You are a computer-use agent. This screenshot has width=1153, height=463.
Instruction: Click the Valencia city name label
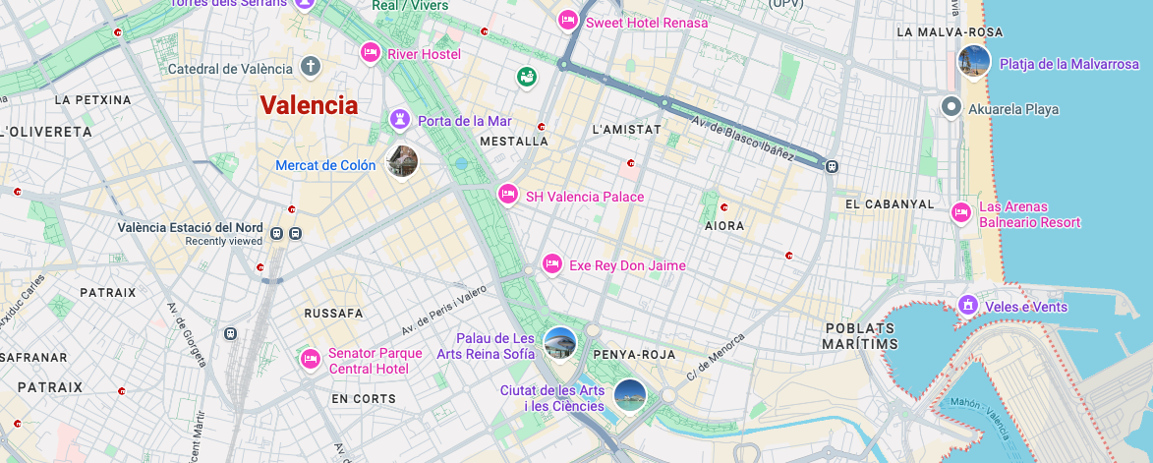click(309, 106)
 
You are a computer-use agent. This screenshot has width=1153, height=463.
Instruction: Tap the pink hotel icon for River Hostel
click(371, 53)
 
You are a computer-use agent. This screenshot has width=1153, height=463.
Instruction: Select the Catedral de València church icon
click(311, 68)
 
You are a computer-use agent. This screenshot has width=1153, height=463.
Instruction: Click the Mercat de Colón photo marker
click(402, 161)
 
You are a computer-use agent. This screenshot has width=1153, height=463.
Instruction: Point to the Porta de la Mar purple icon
click(400, 120)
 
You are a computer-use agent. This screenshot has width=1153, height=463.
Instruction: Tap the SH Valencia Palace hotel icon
click(507, 196)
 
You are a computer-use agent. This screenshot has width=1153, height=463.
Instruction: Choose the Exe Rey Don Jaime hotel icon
click(552, 264)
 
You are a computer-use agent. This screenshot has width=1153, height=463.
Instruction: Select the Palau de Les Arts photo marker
click(559, 343)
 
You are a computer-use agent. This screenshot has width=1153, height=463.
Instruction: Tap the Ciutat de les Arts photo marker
click(629, 395)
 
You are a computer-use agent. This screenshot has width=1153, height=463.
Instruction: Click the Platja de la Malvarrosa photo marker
click(974, 62)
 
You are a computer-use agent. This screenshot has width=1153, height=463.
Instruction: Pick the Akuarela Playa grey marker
click(951, 107)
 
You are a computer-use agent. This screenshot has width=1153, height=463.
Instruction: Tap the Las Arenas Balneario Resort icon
click(961, 212)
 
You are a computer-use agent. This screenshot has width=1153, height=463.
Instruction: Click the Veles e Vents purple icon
click(968, 306)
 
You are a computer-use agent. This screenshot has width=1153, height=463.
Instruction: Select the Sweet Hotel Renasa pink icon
click(567, 21)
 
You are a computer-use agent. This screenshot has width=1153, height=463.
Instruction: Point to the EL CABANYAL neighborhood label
click(890, 203)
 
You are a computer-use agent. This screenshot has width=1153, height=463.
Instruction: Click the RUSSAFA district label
click(333, 314)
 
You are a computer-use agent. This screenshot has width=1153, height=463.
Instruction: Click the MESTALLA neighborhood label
click(513, 142)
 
